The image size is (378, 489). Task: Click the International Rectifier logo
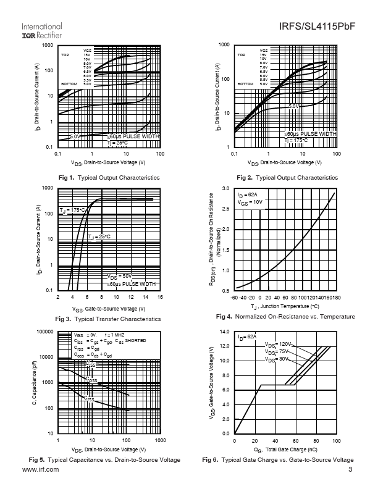[x=42, y=31]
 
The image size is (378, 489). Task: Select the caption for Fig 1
[x=109, y=178]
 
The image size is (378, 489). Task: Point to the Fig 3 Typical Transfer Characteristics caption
[x=109, y=319]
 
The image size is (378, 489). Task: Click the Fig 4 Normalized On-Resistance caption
[x=285, y=317]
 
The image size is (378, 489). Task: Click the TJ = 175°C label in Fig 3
[x=72, y=211]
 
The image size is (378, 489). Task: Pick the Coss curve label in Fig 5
[x=91, y=380]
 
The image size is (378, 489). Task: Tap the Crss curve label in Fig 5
[x=90, y=399]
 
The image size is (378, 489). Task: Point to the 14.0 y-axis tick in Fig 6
[x=225, y=332]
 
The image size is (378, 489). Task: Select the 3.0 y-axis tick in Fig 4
[x=226, y=188]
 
